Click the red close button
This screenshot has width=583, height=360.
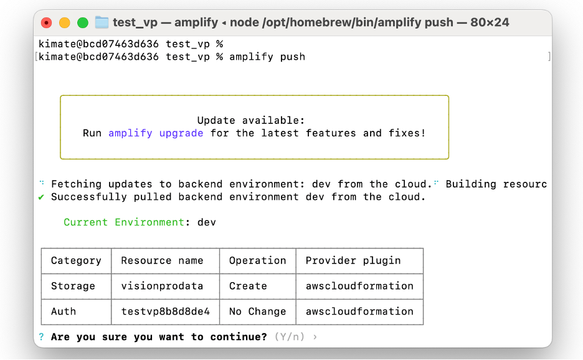[47, 23]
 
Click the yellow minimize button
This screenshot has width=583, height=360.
[64, 23]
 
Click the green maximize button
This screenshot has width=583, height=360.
[82, 23]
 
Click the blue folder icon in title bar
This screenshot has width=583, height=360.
[102, 23]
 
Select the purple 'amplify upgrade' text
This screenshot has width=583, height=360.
[156, 133]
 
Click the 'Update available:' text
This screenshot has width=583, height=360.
[251, 120]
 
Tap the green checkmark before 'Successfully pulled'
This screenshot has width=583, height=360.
[41, 197]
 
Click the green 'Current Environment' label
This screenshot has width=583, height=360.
[124, 222]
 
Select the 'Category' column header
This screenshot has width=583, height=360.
[76, 261]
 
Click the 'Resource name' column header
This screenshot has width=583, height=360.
[162, 261]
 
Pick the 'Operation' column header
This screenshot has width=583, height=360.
[257, 261]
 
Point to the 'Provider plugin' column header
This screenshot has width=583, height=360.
[353, 261]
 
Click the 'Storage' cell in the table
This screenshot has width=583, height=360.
[73, 287]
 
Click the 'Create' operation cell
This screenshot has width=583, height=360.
[248, 287]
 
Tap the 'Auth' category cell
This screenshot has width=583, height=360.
[64, 311]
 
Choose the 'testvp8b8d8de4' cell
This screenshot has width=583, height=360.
[165, 311]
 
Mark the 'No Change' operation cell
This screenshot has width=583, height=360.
[257, 311]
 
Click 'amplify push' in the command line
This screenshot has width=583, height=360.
[267, 57]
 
